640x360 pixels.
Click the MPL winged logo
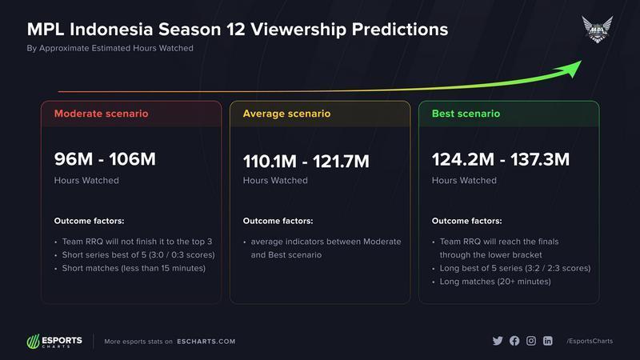coord(597,30)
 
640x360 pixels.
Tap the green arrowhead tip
coord(582,61)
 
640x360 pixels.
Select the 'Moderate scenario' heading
coord(102,114)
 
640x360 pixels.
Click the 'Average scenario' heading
coord(286,114)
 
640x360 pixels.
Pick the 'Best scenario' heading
coord(466,114)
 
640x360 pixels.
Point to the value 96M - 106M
coord(105,159)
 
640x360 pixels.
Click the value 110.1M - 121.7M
coord(306,162)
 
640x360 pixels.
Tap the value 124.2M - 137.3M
coord(501,159)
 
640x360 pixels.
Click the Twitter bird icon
coord(498,341)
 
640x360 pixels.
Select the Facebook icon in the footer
coord(514,341)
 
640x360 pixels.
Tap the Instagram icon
coord(531,341)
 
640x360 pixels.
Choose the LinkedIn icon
coord(548,341)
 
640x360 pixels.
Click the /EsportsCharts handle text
coord(590,341)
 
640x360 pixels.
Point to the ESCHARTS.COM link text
coord(206,342)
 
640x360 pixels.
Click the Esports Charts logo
coord(54,342)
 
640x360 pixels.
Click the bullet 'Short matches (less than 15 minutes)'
coord(134,268)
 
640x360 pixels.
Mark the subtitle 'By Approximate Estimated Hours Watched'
coord(110,48)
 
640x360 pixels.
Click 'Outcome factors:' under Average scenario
coord(278,221)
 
